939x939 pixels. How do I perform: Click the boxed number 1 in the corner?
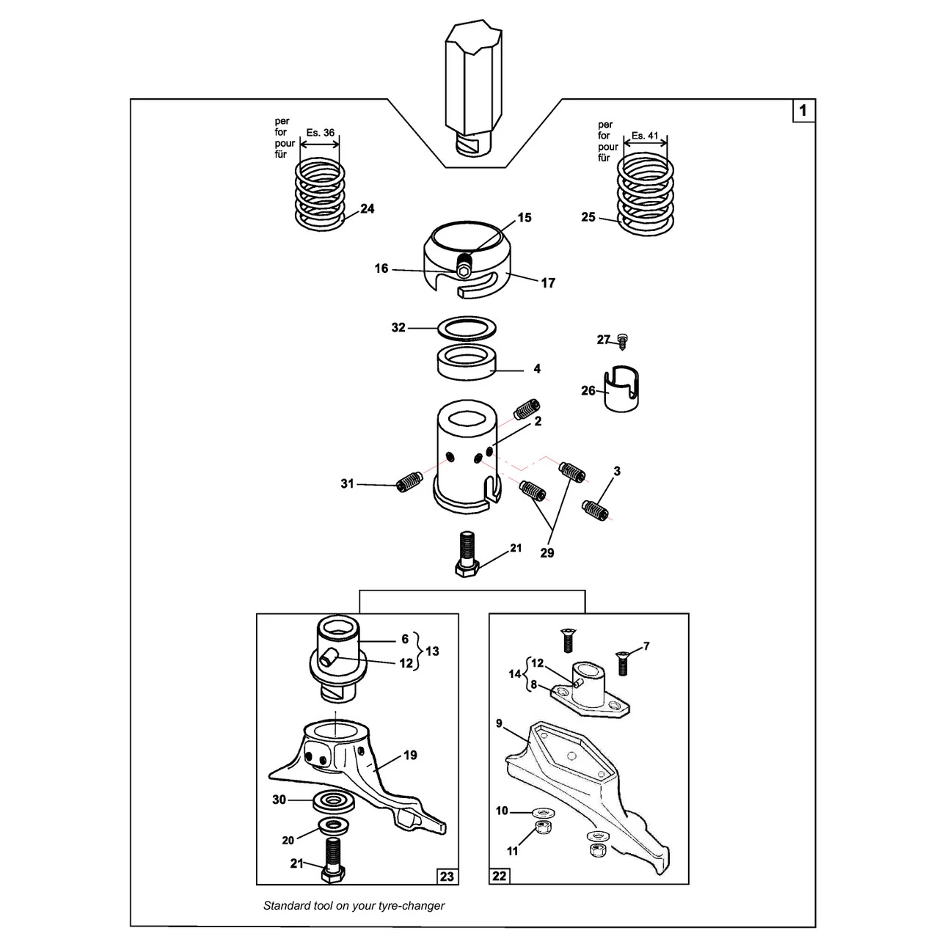point(803,111)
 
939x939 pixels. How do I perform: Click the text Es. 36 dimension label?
point(320,133)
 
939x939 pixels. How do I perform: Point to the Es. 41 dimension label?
point(645,136)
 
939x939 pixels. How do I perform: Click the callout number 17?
point(548,282)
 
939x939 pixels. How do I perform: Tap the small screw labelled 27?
point(622,342)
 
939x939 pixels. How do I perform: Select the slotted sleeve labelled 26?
point(621,388)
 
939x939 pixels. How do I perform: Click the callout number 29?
point(547,552)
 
